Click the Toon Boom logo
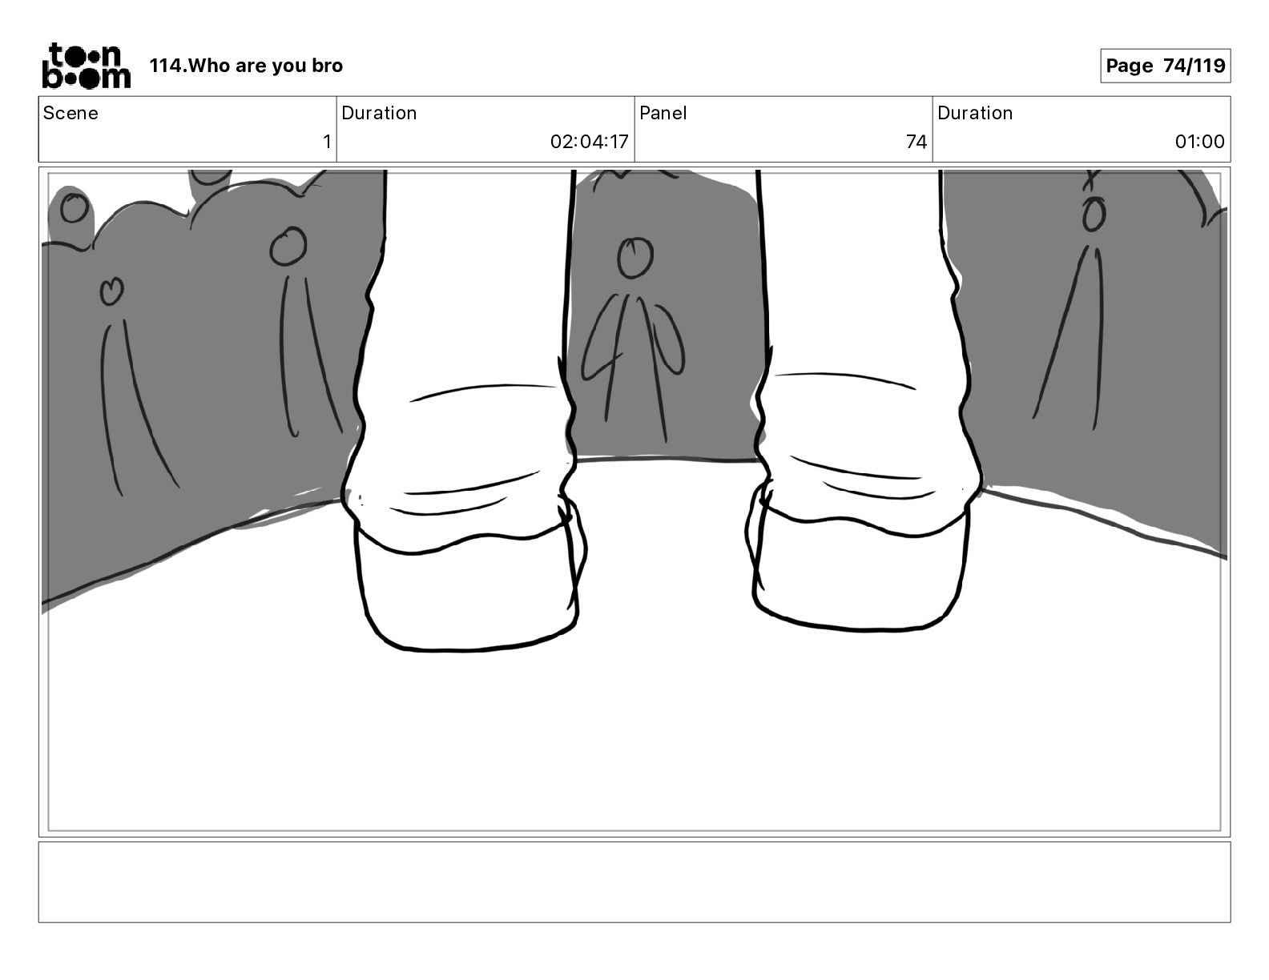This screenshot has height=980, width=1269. tap(87, 66)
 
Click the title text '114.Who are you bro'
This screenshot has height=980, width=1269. tap(246, 66)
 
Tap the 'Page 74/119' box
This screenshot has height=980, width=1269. tap(1165, 66)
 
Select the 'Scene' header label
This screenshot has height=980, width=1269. tap(70, 113)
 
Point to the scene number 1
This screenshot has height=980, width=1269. tap(327, 141)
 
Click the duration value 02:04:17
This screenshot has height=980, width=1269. tap(590, 141)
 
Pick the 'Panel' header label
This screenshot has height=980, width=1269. tap(663, 113)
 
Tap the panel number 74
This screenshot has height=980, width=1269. tap(916, 141)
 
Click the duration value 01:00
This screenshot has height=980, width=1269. tap(1199, 141)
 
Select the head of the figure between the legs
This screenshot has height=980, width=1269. tap(634, 257)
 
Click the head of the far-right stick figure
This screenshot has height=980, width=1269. tap(1094, 215)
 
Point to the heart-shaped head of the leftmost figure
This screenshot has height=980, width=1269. tap(111, 290)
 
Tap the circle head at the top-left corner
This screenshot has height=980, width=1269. tap(75, 208)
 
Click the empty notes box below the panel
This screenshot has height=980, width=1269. tap(634, 882)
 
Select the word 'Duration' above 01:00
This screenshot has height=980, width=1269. tap(975, 113)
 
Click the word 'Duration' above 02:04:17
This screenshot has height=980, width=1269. tap(379, 113)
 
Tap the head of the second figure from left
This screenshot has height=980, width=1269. tap(288, 246)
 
